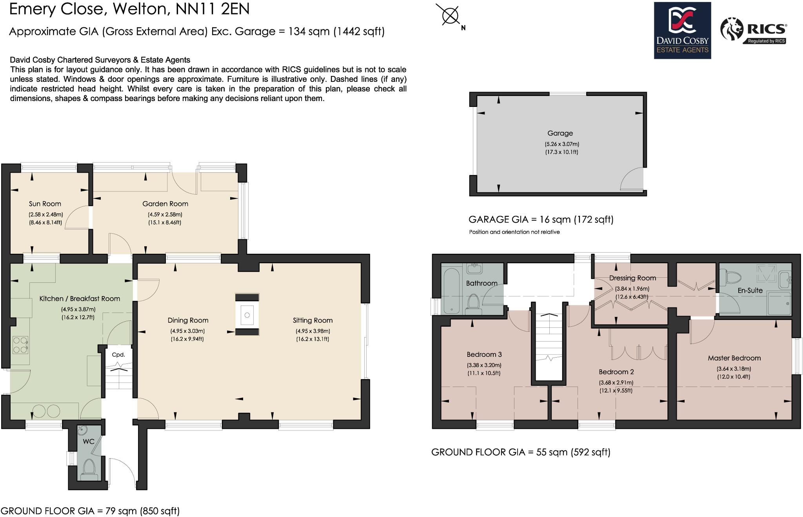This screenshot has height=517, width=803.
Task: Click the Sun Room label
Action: click(45, 204)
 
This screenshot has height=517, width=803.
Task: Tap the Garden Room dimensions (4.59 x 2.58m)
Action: click(165, 215)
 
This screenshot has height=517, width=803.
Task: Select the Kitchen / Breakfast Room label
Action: click(80, 298)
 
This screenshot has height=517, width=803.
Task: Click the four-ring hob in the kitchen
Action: click(20, 345)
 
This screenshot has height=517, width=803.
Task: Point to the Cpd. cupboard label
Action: click(118, 355)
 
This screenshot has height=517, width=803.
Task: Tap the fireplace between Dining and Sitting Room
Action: click(247, 315)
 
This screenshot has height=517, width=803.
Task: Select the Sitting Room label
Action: click(312, 320)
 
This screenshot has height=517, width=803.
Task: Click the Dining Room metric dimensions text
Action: click(187, 331)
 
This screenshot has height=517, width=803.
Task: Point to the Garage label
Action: click(560, 133)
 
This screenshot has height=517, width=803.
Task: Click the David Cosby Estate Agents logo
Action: click(682, 31)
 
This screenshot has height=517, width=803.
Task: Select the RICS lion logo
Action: click(732, 29)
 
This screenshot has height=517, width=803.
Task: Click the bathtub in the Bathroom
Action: click(451, 290)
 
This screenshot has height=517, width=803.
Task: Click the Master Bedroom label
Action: click(734, 358)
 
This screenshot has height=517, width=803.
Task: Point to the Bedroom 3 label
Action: click(484, 354)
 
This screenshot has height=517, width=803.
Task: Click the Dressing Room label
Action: click(632, 278)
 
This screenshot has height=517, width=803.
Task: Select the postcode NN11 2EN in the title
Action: click(213, 9)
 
